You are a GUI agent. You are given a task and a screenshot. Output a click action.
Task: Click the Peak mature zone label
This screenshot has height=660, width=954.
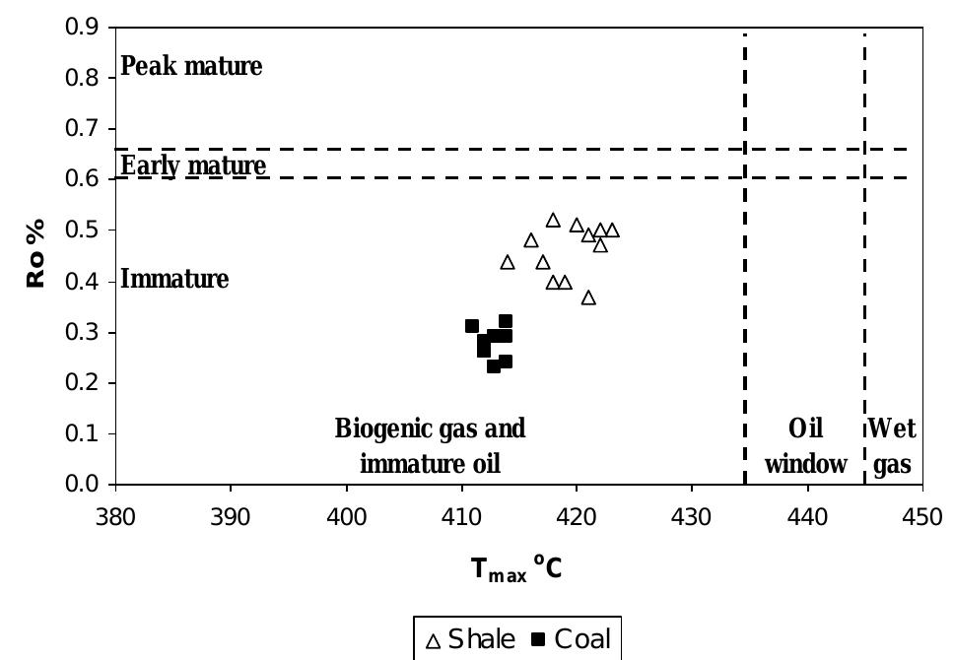point(191,67)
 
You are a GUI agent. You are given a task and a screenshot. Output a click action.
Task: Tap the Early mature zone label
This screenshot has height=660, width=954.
point(193,165)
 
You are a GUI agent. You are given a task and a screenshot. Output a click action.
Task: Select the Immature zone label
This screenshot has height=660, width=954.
point(174,280)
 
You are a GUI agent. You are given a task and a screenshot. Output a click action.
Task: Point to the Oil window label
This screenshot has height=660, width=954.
point(806,446)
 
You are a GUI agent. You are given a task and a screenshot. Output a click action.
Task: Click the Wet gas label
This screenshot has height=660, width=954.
point(892,446)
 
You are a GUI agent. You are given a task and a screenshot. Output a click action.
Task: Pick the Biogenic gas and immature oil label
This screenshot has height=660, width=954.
point(431,446)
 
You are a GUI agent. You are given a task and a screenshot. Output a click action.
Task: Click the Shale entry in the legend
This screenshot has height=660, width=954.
point(470,638)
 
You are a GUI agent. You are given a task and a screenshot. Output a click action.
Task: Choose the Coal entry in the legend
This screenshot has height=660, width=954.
point(570,638)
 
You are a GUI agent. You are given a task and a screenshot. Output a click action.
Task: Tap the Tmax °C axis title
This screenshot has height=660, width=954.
point(516,569)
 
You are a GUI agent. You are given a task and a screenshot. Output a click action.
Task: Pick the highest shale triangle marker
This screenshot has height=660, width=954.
point(553,221)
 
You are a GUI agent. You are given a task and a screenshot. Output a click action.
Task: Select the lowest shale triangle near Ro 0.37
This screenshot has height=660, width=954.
point(588,297)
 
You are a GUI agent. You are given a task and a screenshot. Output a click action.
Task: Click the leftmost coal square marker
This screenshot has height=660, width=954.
point(472,326)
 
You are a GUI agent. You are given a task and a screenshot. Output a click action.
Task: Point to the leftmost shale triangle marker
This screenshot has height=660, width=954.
point(508,262)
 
